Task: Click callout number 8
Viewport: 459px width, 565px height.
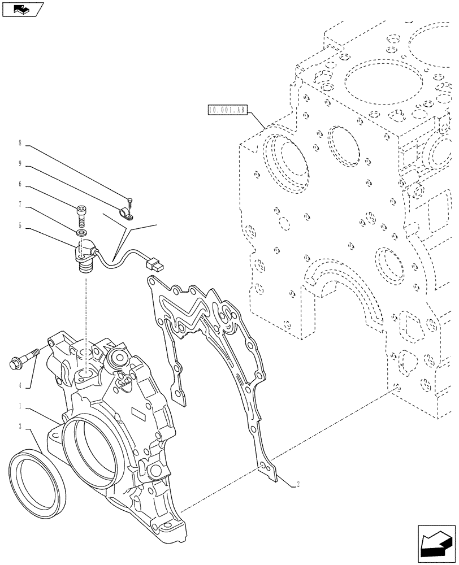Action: point(20,144)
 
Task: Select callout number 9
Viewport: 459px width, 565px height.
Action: point(20,164)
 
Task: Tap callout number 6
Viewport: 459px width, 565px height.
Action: point(20,184)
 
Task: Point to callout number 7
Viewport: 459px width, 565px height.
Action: point(20,205)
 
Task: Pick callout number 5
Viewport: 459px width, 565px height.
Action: point(20,225)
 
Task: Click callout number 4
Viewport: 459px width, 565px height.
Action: point(20,386)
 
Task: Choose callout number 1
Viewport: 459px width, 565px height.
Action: point(20,406)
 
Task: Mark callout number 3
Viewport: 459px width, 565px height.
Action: point(20,427)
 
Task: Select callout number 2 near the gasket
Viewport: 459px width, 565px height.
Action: point(297,484)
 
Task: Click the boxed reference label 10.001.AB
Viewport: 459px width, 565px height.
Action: point(227,110)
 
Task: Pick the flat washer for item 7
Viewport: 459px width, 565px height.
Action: point(81,233)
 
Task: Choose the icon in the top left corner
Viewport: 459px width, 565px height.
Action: point(23,9)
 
